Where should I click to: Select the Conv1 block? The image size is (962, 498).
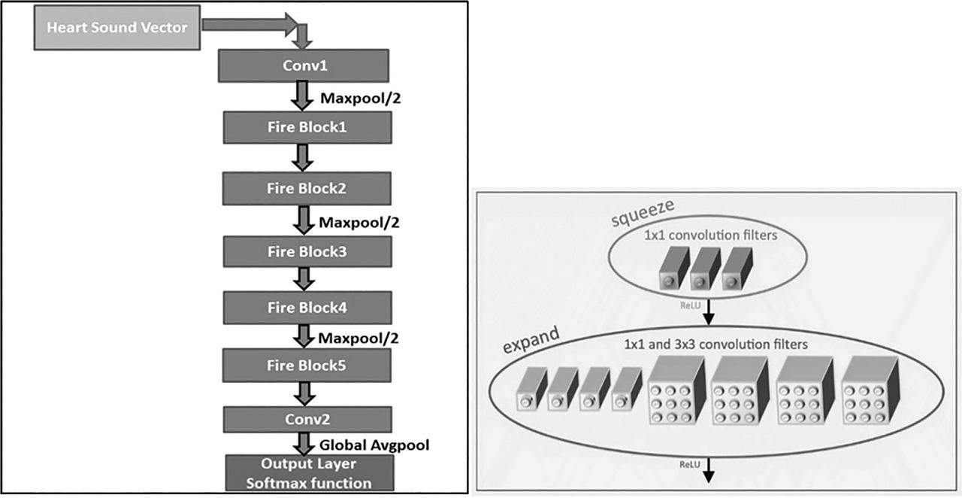pyautogui.click(x=302, y=65)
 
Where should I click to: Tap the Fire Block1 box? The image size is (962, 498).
pyautogui.click(x=307, y=127)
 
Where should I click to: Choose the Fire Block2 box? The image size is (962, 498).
pyautogui.click(x=307, y=188)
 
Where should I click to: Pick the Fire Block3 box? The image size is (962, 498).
pyautogui.click(x=307, y=251)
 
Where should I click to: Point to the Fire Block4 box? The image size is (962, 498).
pyautogui.click(x=307, y=308)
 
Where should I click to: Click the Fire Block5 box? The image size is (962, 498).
pyautogui.click(x=307, y=366)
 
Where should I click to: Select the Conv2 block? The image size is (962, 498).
pyautogui.click(x=307, y=420)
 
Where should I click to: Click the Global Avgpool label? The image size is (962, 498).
pyautogui.click(x=374, y=445)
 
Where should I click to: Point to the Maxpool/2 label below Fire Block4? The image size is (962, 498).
pyautogui.click(x=358, y=338)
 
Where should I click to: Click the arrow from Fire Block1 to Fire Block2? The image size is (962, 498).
pyautogui.click(x=303, y=156)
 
